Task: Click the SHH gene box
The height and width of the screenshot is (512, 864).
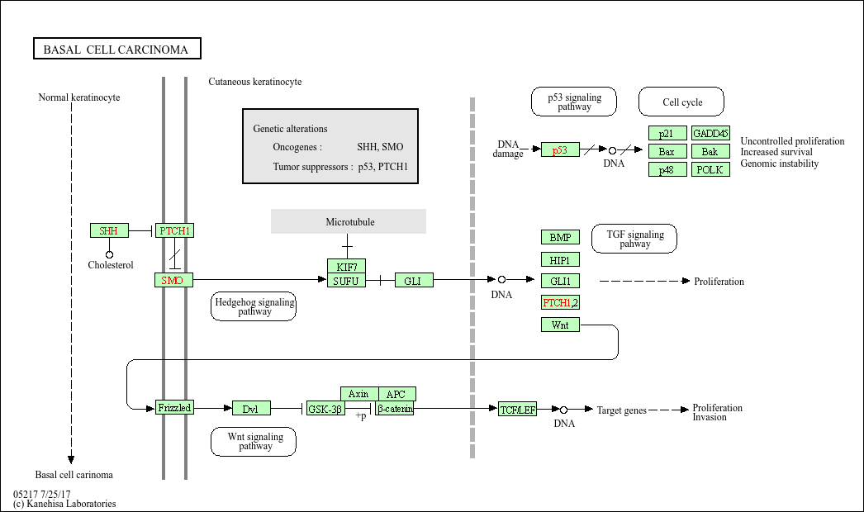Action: pyautogui.click(x=109, y=230)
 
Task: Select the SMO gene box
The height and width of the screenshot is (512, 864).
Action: pyautogui.click(x=173, y=281)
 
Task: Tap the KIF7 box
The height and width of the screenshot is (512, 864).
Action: pyautogui.click(x=346, y=266)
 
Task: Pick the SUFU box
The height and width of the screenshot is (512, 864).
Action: pyautogui.click(x=346, y=281)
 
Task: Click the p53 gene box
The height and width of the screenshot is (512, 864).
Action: pyautogui.click(x=560, y=150)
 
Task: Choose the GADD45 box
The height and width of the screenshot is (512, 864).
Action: pyautogui.click(x=710, y=134)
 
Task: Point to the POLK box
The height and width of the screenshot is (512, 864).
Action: pyautogui.click(x=710, y=169)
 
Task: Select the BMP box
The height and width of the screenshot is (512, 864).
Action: pyautogui.click(x=560, y=238)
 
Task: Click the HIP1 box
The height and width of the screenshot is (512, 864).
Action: pyautogui.click(x=560, y=260)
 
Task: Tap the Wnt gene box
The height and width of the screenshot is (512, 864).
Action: pyautogui.click(x=560, y=325)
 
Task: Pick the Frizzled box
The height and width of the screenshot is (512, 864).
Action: pyautogui.click(x=174, y=407)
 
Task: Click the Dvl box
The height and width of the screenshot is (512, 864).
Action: pyautogui.click(x=251, y=408)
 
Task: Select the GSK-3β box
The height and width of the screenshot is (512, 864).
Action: pyautogui.click(x=325, y=408)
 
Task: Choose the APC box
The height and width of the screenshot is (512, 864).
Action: pyautogui.click(x=396, y=394)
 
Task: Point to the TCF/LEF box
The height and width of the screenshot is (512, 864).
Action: pyautogui.click(x=518, y=409)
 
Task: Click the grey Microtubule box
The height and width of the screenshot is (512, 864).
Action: pyautogui.click(x=349, y=221)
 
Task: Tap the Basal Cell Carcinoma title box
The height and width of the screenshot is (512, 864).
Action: pyautogui.click(x=116, y=50)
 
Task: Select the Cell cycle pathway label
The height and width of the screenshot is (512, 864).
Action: pyautogui.click(x=681, y=102)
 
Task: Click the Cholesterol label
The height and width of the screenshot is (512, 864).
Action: pyautogui.click(x=111, y=265)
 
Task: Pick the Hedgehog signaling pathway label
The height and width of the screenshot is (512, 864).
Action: pyautogui.click(x=254, y=306)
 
